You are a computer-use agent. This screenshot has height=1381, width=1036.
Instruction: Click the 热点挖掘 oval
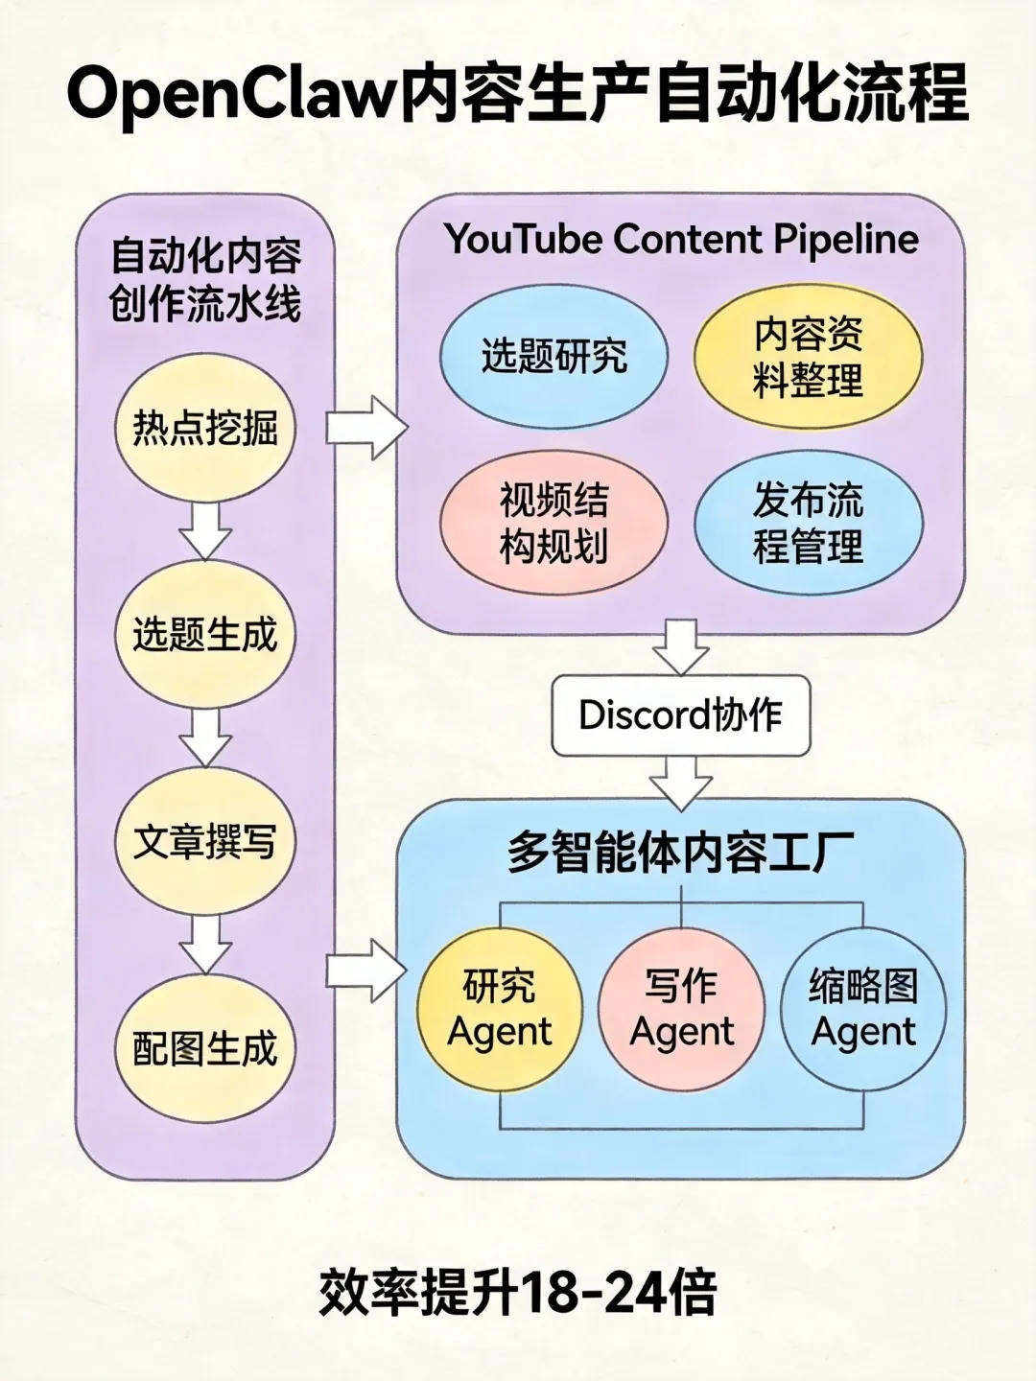[205, 428]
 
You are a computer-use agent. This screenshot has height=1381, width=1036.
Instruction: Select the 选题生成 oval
[205, 635]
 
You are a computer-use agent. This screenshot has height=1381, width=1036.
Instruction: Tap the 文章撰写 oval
[205, 842]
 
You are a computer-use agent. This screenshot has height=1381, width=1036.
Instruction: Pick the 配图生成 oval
[205, 1048]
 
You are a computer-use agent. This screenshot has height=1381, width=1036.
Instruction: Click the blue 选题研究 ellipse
[553, 357]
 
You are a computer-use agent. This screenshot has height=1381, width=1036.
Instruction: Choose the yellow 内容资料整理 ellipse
[808, 357]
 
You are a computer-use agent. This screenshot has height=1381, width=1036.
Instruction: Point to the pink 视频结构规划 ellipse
[553, 524]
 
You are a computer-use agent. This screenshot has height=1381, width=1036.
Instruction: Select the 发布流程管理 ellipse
[808, 524]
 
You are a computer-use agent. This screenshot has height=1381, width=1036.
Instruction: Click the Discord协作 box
[680, 715]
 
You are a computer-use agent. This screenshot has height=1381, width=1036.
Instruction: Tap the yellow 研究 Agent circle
[500, 1009]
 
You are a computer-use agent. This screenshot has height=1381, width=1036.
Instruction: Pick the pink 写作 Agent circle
[681, 1009]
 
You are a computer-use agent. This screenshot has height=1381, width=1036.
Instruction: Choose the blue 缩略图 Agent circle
[863, 1009]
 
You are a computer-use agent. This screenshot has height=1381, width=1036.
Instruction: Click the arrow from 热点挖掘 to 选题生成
[205, 529]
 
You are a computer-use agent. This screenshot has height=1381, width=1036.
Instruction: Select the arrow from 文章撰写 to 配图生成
[205, 944]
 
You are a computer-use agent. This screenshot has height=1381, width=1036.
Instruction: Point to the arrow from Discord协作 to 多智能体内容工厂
[680, 781]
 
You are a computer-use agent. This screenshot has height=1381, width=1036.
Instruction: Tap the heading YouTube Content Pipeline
[681, 239]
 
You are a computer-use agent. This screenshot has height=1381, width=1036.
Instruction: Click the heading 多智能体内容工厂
[680, 854]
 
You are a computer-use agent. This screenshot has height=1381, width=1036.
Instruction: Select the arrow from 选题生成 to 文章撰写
[205, 737]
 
